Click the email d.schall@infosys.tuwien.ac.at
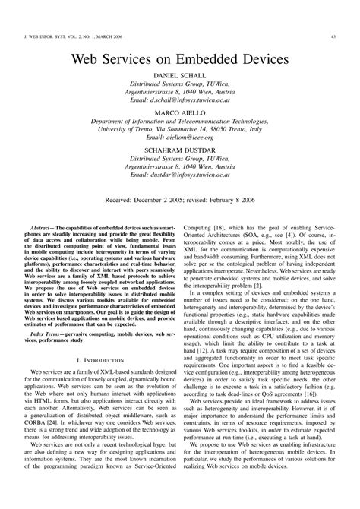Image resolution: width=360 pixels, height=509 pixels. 179,100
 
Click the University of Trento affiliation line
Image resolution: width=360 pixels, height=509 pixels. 179,128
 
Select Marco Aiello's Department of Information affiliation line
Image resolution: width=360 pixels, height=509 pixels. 179,120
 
